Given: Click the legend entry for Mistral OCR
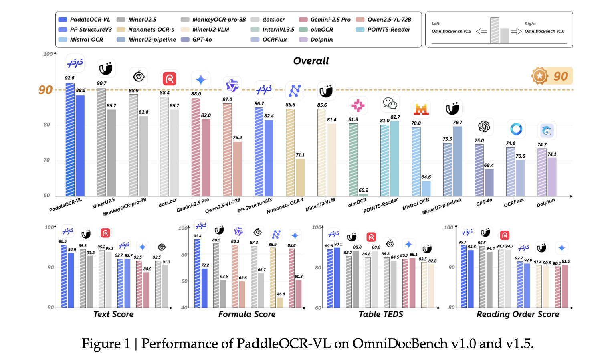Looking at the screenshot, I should (86, 40).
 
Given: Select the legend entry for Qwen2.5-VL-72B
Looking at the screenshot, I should (389, 20).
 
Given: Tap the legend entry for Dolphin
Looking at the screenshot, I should (321, 40).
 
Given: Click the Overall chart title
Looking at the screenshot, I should (311, 61).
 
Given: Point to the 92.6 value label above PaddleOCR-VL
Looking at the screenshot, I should (69, 78).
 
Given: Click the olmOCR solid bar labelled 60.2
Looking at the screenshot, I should (363, 195).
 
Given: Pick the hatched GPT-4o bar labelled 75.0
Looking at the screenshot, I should (479, 170).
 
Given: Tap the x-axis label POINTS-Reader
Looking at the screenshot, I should (381, 205).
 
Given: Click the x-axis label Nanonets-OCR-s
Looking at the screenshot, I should (285, 206).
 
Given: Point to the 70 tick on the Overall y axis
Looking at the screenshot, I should (47, 160).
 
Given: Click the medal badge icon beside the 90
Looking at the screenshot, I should (540, 76).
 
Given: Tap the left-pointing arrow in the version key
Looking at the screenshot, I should (481, 31).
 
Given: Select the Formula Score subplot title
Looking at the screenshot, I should (247, 314).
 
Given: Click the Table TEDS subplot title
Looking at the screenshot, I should (381, 314).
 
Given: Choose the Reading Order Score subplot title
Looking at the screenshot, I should (518, 314).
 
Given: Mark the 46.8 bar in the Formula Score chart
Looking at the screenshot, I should (280, 303).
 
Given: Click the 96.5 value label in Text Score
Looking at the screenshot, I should (63, 241).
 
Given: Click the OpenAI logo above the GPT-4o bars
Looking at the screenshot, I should (484, 127).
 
